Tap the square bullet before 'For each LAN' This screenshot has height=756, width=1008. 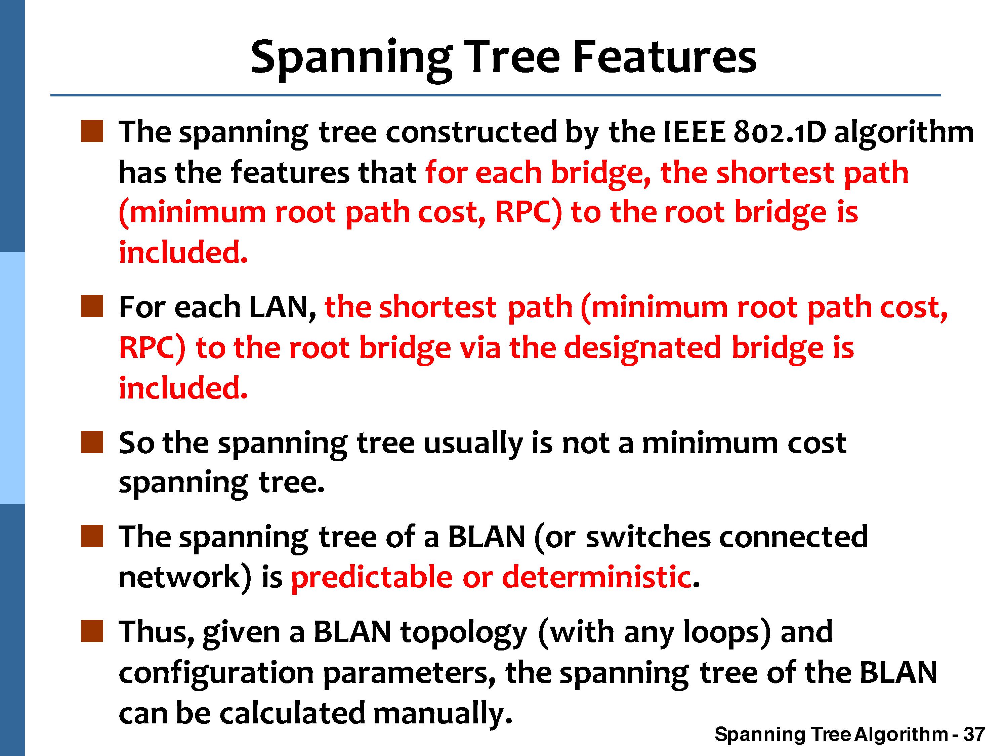click(92, 306)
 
